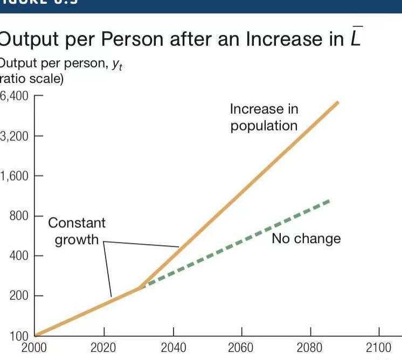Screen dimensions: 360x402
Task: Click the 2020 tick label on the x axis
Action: [103, 348]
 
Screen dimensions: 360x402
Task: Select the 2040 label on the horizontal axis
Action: [173, 348]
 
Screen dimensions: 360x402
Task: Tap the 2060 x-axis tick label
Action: [242, 348]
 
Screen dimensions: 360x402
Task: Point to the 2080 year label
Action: [311, 348]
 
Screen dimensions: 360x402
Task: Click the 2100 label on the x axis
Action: [379, 348]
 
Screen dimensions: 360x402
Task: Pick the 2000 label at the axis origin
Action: [34, 348]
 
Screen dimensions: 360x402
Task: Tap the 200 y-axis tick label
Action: [19, 295]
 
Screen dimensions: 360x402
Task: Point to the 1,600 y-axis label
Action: [15, 176]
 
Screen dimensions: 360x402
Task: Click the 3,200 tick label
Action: [15, 136]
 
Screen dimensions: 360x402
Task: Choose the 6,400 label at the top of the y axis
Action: [15, 96]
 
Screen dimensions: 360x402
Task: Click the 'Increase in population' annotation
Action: [264, 117]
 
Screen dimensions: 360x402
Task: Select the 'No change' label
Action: [306, 239]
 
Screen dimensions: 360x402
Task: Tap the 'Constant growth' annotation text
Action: [77, 231]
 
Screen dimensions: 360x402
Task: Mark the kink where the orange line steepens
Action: [141, 287]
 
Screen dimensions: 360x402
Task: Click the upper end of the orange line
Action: [337, 102]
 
